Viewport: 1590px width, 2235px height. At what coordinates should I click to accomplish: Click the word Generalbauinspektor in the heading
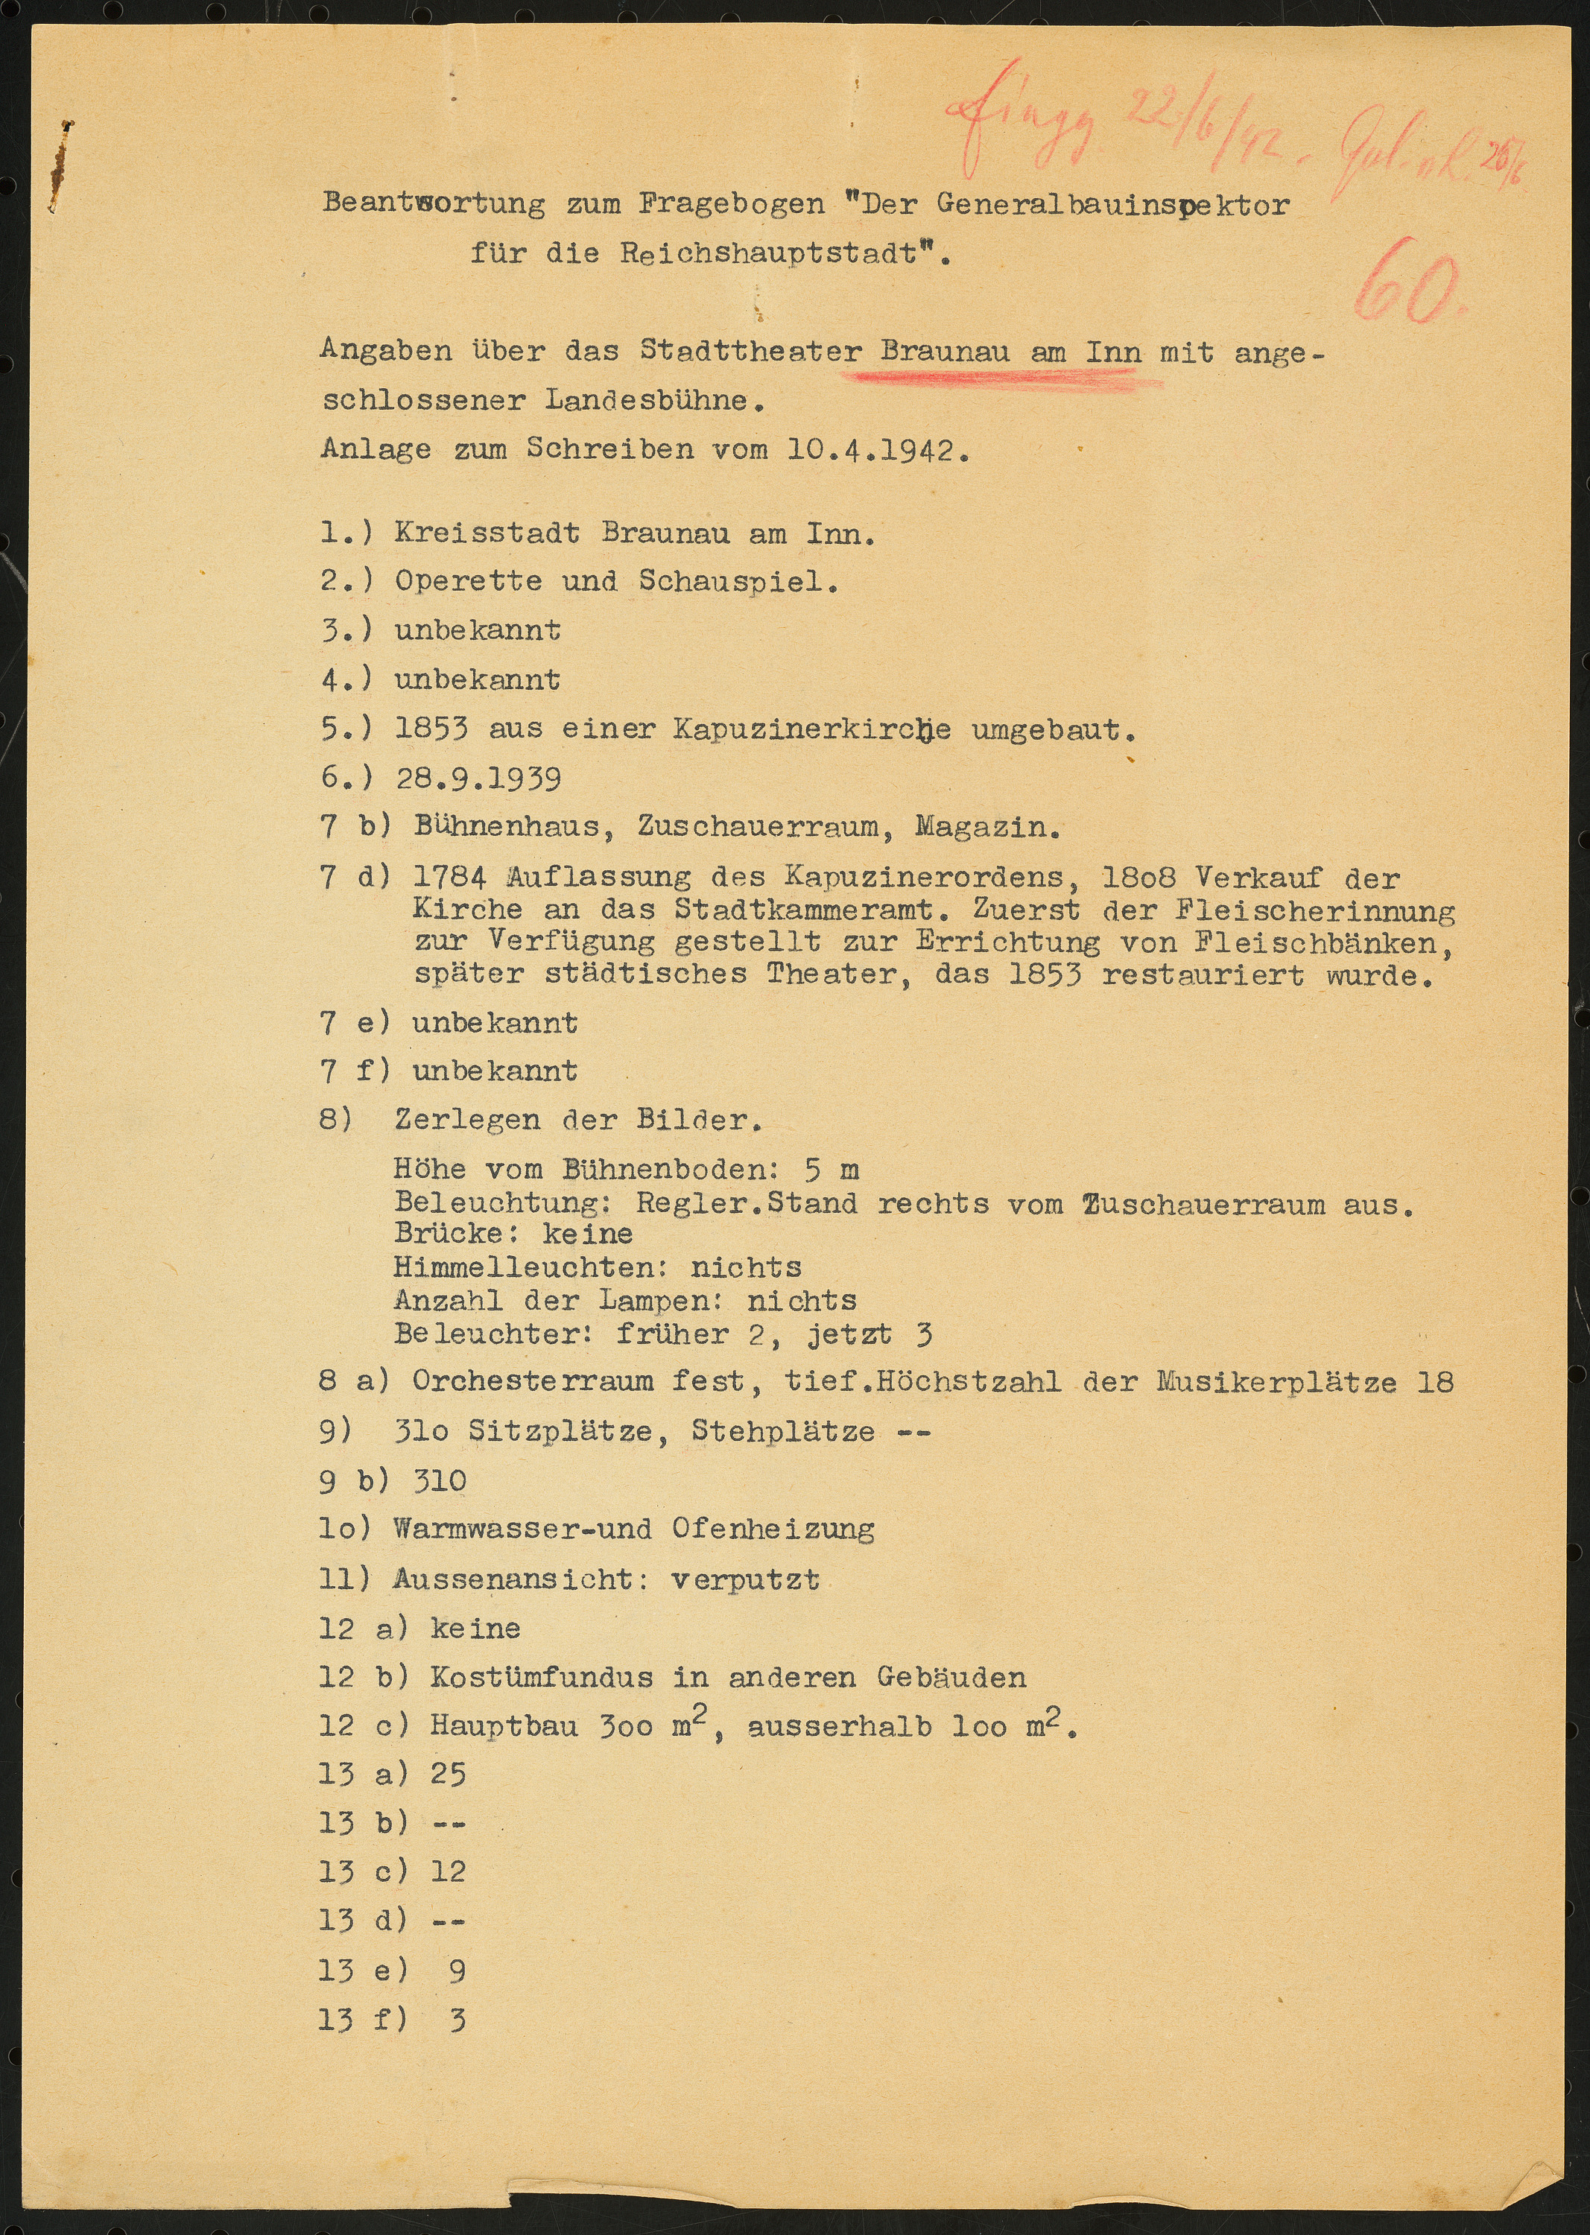tap(1113, 205)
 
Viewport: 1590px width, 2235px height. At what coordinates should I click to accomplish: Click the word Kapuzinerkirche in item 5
tap(811, 729)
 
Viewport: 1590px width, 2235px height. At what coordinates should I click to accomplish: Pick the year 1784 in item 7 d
tap(449, 876)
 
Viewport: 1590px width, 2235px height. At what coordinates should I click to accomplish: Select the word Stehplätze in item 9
tap(782, 1431)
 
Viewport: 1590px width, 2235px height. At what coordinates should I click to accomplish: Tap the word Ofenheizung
tap(773, 1529)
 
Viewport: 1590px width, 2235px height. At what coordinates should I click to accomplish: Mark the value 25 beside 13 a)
tap(449, 1774)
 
